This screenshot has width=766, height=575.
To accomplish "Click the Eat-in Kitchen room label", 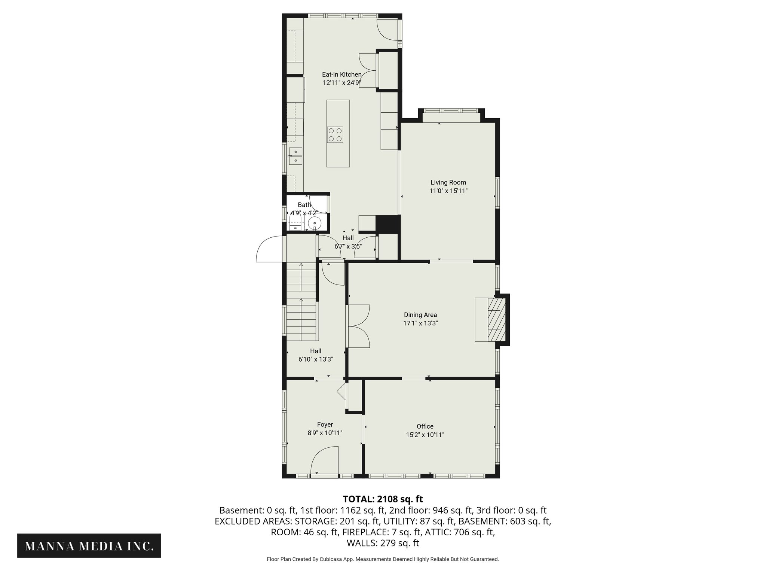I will tap(341, 74).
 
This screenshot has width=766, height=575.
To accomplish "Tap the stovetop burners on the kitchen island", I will tap(335, 135).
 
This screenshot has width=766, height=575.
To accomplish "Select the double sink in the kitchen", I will tap(295, 156).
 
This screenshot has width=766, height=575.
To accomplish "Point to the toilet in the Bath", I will tap(295, 223).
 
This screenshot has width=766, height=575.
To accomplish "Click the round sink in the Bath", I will tap(315, 223).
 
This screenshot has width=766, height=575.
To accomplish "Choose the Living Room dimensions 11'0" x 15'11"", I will tap(448, 191).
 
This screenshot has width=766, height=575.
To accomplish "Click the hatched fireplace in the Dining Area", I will tap(497, 319).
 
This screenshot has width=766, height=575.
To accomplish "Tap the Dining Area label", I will tap(420, 315).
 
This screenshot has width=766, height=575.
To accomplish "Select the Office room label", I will tap(425, 426).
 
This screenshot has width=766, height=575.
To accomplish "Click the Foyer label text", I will tap(325, 425).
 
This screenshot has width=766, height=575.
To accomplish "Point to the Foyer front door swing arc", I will tap(324, 460).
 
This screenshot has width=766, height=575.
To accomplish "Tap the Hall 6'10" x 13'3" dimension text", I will tap(315, 359).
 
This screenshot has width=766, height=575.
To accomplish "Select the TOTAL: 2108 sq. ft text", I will tap(383, 499).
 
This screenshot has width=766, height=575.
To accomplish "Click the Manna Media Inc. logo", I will tap(89, 546).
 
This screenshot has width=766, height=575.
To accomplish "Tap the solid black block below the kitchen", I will tap(388, 225).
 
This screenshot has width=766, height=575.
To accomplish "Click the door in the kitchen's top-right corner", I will tap(387, 31).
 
